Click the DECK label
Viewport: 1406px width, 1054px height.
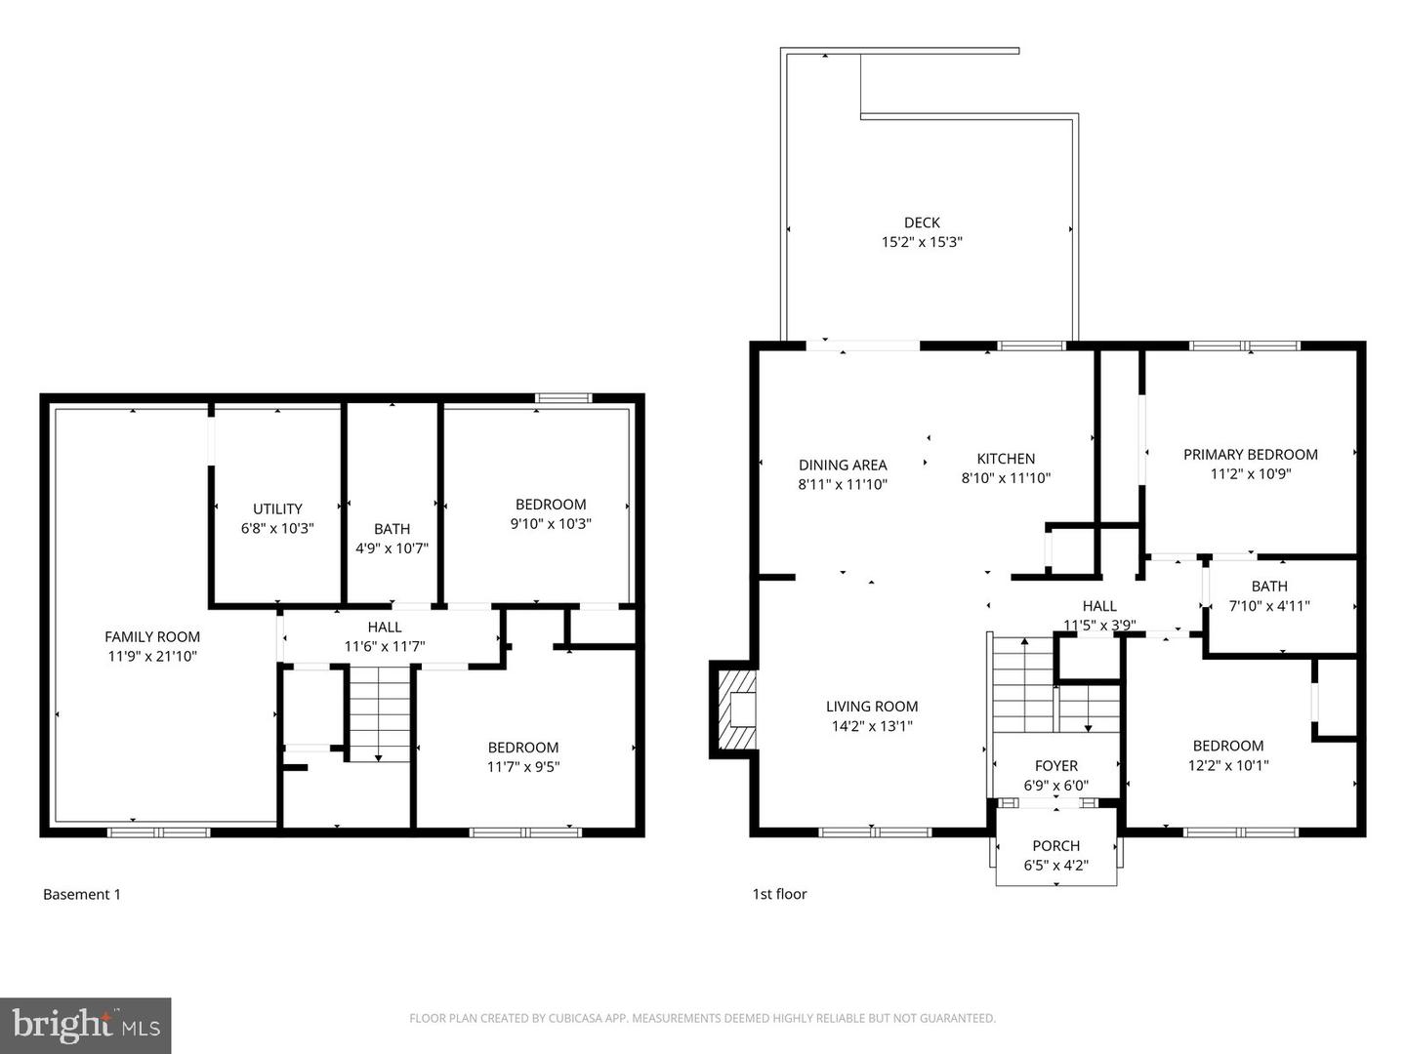(922, 223)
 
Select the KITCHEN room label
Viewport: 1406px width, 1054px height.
(1006, 459)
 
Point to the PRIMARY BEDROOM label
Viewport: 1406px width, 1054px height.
(1250, 454)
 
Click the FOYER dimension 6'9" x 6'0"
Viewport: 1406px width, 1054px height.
(1055, 786)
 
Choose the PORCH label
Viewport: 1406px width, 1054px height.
(1055, 846)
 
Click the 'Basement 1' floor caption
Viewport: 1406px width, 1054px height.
(82, 894)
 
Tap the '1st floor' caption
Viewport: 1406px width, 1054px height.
(779, 894)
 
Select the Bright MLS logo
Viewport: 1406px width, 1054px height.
(86, 1025)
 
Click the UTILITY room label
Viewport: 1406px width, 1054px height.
(277, 508)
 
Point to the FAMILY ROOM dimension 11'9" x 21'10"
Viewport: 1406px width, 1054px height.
(152, 657)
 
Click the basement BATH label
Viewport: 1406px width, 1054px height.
(392, 529)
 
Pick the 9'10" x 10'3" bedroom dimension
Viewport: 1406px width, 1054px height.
(551, 524)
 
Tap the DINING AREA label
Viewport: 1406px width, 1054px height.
(843, 465)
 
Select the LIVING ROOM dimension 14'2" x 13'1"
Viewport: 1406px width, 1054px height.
(871, 726)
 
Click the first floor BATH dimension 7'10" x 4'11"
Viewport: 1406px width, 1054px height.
(1268, 605)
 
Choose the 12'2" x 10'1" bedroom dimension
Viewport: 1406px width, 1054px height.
(1227, 766)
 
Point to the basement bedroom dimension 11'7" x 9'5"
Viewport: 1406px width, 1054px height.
(523, 767)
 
